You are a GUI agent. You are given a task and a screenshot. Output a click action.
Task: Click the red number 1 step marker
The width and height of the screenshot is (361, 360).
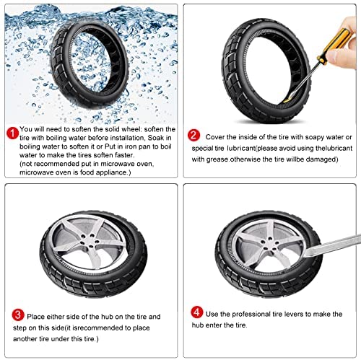point(12,133)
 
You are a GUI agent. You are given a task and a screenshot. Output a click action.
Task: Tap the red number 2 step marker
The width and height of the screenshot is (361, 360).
point(193,135)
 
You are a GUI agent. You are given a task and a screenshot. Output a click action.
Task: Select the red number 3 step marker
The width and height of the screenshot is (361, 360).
point(18,315)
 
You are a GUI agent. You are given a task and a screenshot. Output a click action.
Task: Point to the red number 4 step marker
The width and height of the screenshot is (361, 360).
point(197,312)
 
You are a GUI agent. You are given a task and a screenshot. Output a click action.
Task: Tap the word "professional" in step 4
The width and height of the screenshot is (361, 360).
point(251,314)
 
